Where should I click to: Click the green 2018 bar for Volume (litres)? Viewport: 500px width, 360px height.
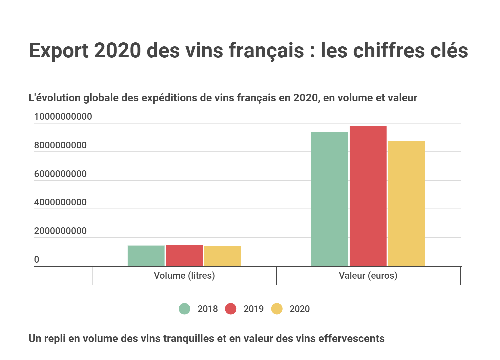146,256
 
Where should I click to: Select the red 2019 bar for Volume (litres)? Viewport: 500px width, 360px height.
184,255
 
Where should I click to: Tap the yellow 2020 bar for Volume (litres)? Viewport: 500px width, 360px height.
223,256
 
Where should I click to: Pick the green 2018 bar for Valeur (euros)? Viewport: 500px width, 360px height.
330,199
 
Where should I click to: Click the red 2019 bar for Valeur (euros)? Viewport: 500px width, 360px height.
368,196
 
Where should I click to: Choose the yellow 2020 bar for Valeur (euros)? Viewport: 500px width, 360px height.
406,203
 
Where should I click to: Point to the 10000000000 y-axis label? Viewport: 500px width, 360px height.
63,117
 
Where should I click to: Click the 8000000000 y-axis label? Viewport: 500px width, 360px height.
60,145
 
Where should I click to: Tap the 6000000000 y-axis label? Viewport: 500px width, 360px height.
60,174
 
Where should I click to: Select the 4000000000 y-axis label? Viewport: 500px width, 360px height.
60,202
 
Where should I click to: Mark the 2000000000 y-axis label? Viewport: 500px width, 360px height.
60,231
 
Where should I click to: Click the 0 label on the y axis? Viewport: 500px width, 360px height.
37,260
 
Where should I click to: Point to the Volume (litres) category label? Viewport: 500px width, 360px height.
184,276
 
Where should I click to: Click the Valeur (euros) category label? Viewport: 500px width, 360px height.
368,276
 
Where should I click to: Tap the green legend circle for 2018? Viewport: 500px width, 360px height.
185,309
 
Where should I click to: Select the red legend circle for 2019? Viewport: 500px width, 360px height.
231,309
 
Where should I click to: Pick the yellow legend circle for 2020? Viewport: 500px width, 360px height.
277,309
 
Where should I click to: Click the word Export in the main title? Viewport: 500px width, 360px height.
59,51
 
